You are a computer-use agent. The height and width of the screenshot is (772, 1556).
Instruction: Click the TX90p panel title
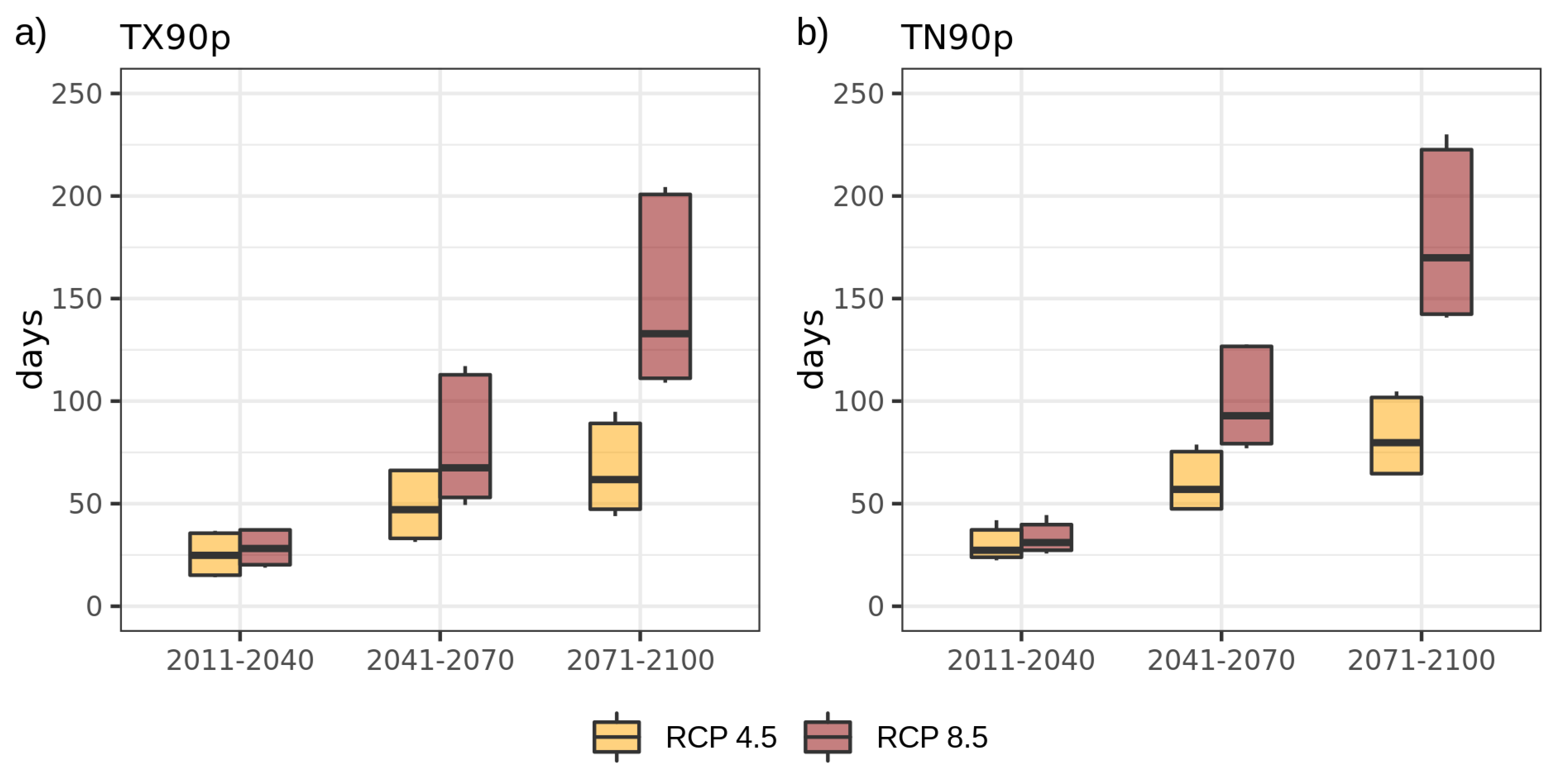click(x=175, y=38)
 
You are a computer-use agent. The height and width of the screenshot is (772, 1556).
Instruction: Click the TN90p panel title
click(x=956, y=38)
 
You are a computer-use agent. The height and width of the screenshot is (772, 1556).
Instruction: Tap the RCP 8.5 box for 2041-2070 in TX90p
click(x=464, y=422)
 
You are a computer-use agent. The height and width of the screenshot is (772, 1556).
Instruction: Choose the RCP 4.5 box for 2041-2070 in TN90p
click(x=1196, y=471)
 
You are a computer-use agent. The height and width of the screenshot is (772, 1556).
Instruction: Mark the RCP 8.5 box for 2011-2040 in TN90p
click(x=1046, y=534)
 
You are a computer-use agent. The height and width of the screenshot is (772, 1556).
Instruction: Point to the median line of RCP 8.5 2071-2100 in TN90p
click(x=1446, y=258)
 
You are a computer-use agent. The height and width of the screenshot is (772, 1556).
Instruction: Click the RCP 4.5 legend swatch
click(x=616, y=736)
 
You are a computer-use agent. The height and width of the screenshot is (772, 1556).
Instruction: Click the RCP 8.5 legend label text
click(x=931, y=737)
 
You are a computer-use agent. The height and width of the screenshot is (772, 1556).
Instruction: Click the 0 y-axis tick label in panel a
click(x=93, y=606)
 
